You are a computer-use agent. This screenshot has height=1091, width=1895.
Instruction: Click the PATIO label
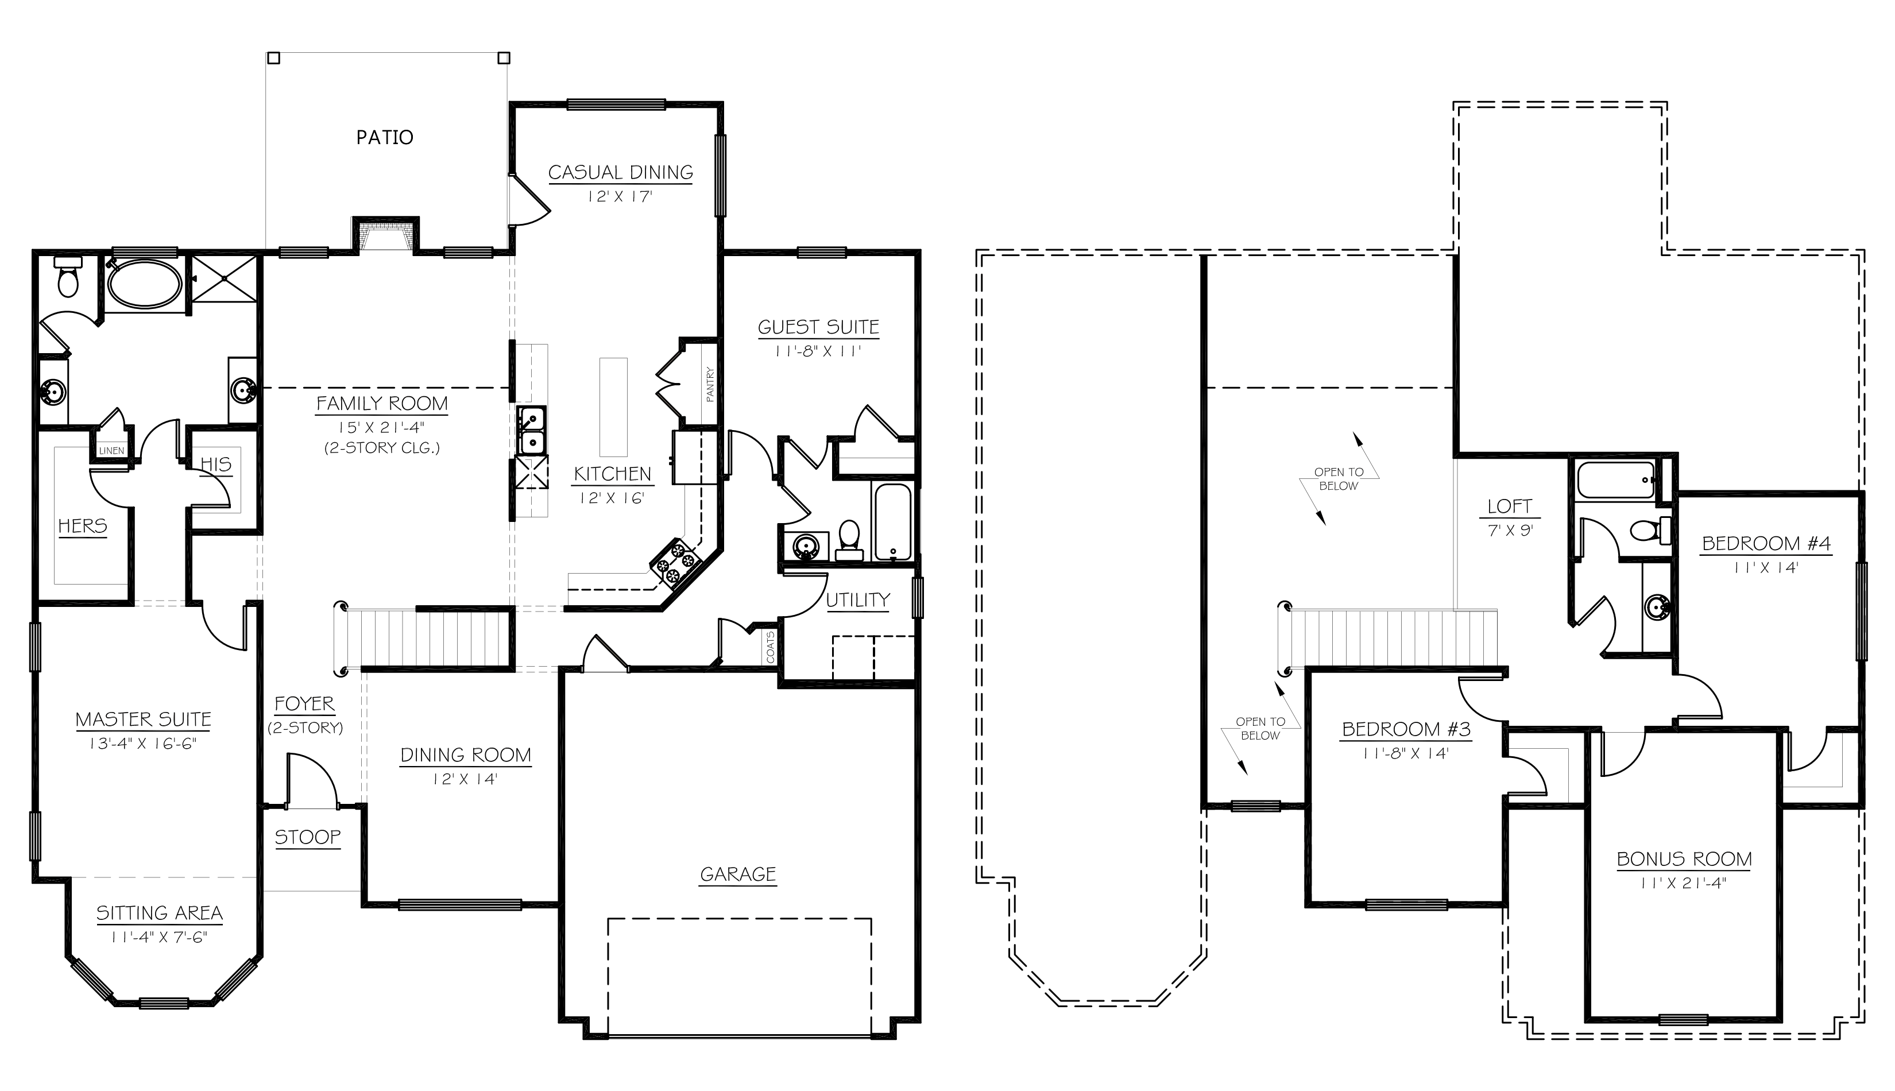click(x=384, y=137)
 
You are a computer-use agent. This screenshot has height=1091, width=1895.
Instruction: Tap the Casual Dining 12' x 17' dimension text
click(x=620, y=197)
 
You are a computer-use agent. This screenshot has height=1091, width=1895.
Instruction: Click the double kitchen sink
click(x=531, y=430)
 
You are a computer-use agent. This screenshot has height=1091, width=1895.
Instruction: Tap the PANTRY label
click(x=710, y=384)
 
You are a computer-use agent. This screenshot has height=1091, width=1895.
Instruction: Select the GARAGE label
click(x=737, y=874)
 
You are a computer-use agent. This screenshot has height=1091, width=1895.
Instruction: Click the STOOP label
click(x=307, y=837)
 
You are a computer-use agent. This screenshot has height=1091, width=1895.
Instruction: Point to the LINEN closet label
click(x=111, y=450)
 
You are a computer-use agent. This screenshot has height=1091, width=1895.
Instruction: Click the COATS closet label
click(x=770, y=646)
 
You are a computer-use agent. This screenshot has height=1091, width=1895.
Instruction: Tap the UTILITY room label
click(x=858, y=600)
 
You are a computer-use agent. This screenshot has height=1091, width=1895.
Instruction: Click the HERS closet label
click(x=83, y=526)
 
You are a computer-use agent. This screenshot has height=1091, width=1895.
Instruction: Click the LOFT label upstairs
click(x=1509, y=506)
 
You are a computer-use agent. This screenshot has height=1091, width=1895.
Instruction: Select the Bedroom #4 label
click(x=1766, y=543)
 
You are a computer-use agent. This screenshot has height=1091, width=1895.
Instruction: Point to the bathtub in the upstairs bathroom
click(x=1615, y=481)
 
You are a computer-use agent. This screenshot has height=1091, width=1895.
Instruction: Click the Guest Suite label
click(x=818, y=327)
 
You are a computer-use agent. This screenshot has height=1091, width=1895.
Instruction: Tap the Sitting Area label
click(x=159, y=912)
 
